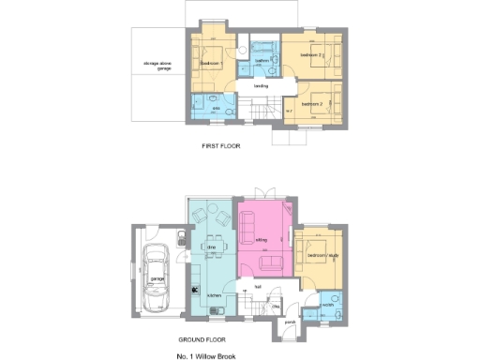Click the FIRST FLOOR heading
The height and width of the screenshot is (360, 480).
223,147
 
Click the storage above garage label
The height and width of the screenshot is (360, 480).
158,67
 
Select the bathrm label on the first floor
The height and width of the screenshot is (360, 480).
262,60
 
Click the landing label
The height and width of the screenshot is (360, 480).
262,85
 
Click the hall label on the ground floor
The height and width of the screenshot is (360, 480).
257,287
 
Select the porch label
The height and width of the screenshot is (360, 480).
290,322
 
